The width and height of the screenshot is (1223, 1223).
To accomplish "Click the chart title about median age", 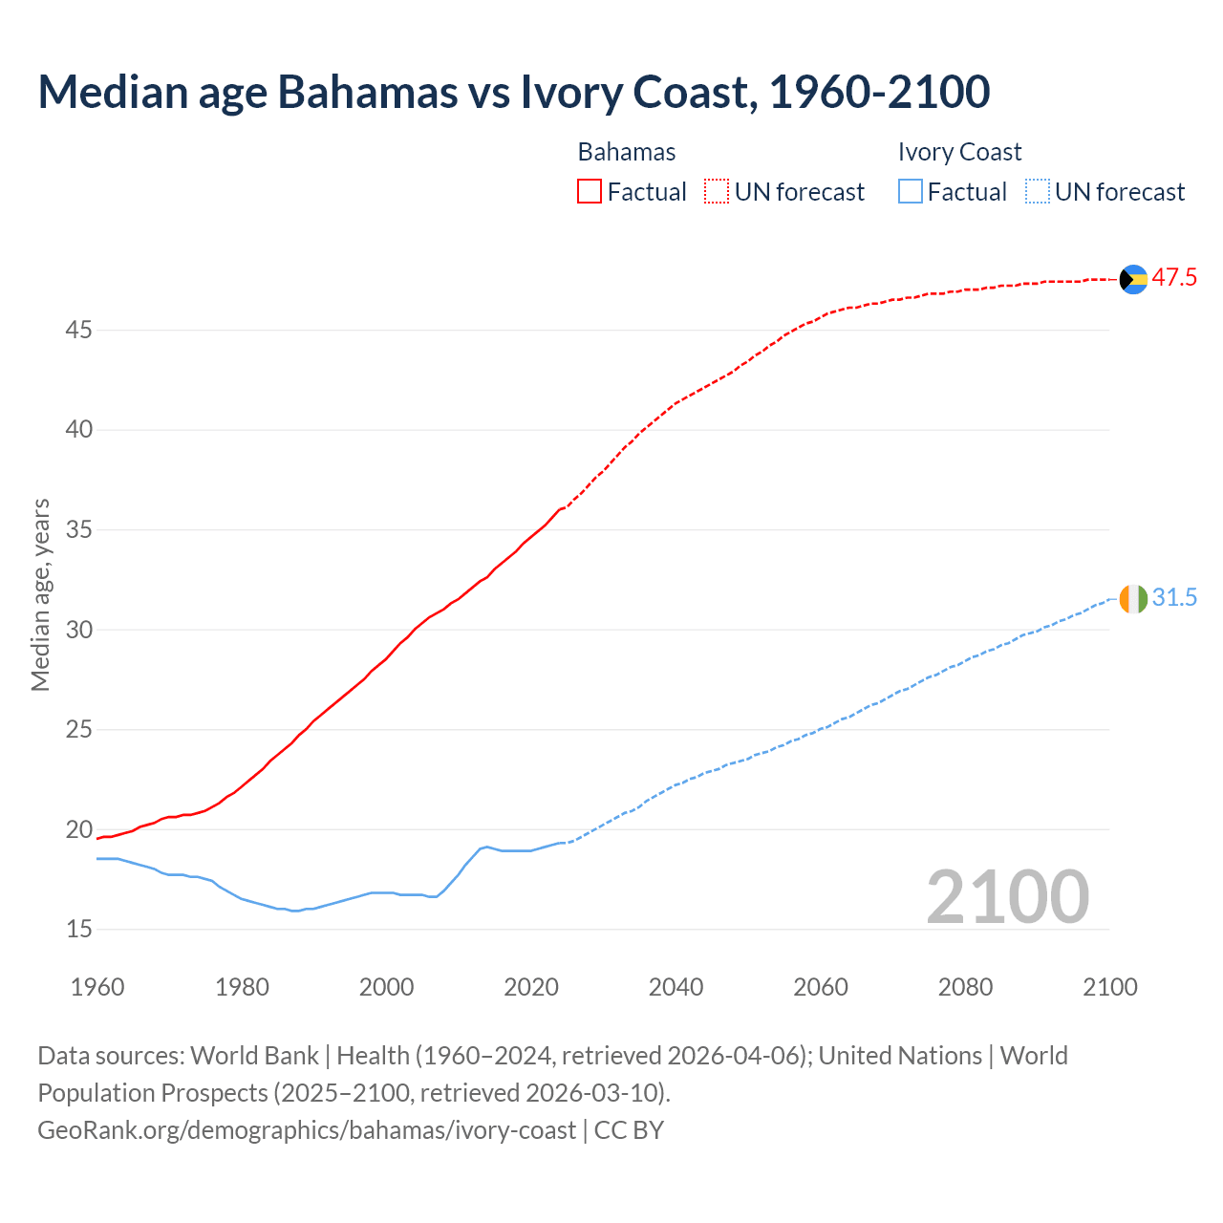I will click(513, 92).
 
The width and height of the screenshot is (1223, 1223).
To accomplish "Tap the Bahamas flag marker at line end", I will click(1133, 279).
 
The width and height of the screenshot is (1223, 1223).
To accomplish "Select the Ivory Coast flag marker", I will click(1133, 599).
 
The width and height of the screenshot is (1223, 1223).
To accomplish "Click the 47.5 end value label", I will click(1174, 278).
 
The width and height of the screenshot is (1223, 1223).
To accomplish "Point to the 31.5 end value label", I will click(1174, 598).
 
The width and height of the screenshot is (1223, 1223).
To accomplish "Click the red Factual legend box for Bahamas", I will click(590, 192).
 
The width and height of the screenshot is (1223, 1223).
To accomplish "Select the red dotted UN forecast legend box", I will click(717, 192).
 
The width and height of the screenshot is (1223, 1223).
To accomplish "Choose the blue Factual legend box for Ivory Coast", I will click(911, 192).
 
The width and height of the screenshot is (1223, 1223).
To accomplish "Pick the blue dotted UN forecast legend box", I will click(1038, 192).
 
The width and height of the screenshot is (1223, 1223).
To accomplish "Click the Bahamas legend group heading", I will click(627, 152).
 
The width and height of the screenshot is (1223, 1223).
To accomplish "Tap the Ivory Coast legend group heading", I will click(959, 152).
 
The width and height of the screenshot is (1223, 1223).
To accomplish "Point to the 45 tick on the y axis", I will click(79, 331).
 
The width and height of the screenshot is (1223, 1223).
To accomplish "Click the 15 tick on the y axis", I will click(79, 930).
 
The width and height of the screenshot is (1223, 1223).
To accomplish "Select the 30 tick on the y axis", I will click(79, 630).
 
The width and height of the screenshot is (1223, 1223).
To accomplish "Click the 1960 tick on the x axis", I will click(97, 987).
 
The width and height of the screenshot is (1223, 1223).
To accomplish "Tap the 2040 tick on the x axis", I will click(676, 987).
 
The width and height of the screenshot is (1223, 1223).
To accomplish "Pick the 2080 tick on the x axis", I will click(965, 987).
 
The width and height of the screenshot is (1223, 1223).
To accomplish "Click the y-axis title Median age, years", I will click(40, 594).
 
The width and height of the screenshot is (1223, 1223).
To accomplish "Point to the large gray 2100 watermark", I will click(1007, 897).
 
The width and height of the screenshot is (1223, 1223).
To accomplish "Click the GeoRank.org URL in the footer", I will click(307, 1130).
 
